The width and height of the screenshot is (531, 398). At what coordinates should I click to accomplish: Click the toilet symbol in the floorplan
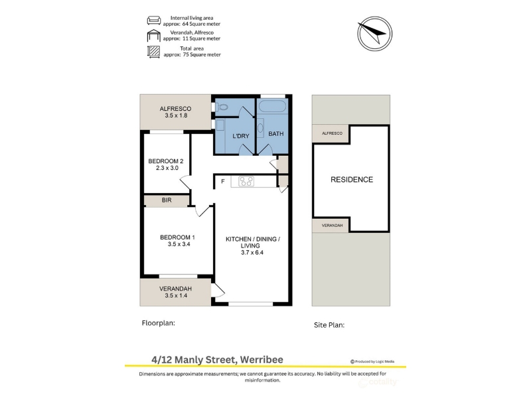point(222,107)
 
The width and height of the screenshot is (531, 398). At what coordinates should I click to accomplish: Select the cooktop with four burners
point(246,181)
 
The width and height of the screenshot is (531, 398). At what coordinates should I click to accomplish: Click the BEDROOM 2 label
point(166,161)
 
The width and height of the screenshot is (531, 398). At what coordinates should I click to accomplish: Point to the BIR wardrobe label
point(167,200)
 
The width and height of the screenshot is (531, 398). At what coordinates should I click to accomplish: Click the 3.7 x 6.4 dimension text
point(252,253)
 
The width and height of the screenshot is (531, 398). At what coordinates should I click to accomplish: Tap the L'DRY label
point(241,136)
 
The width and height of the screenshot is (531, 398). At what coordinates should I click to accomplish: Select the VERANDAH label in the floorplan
point(176,289)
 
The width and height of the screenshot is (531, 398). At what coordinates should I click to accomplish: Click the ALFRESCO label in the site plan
point(333,133)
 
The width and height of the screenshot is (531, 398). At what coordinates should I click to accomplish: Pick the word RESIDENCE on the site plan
point(352,180)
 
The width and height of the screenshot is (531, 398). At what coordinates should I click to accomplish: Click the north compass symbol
point(375,34)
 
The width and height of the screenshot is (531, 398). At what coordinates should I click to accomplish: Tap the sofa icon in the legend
point(154,21)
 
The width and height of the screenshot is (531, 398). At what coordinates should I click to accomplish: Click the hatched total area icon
point(154,52)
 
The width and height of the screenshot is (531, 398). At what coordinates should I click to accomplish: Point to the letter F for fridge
point(223,181)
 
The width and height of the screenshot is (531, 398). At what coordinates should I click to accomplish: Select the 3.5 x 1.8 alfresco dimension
point(176,115)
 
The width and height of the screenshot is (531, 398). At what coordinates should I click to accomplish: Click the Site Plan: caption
point(329,325)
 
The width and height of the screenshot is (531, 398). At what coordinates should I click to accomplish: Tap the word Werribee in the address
point(262,360)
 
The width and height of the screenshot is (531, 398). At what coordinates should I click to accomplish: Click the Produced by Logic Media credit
point(372,362)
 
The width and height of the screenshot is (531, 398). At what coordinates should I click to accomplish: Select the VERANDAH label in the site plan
point(333,226)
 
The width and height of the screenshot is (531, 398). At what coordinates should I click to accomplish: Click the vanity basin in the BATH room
point(260,128)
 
